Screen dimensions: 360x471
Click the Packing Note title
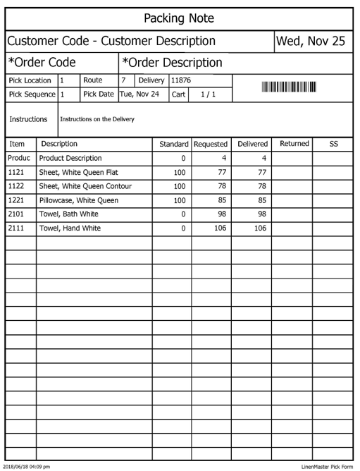click(179, 18)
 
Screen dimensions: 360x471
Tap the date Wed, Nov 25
click(311, 41)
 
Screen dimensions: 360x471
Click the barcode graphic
click(290, 87)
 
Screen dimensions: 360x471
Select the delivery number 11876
click(182, 80)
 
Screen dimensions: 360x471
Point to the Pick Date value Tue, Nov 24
click(139, 94)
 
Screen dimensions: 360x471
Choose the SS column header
click(334, 144)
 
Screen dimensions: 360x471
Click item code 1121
click(15, 172)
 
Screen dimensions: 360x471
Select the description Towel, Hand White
click(70, 228)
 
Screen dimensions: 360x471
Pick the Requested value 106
click(220, 228)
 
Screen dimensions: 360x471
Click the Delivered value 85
click(261, 200)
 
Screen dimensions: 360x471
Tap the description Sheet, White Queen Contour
click(85, 186)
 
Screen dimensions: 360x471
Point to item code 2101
click(15, 214)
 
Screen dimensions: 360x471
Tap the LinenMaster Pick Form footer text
click(328, 466)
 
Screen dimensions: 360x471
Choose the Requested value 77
click(221, 172)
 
